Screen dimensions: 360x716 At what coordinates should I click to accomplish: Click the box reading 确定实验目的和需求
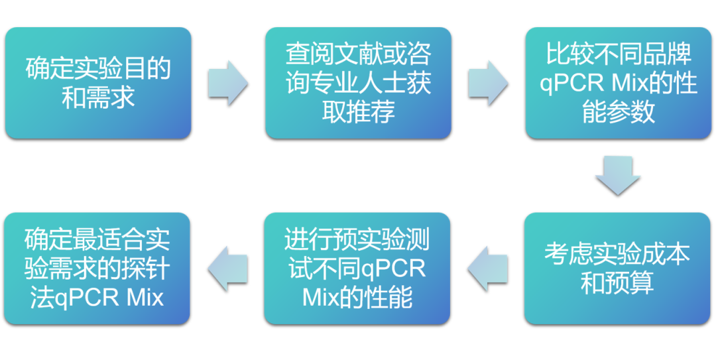point(98,83)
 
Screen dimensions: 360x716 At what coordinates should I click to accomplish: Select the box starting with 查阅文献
point(358,83)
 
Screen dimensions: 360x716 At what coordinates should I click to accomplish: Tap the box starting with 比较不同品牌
point(618,83)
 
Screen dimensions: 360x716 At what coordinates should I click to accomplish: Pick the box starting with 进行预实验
point(357,268)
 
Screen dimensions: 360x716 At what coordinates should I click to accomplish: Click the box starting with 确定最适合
point(97,268)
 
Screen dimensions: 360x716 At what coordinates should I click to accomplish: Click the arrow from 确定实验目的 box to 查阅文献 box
point(228,82)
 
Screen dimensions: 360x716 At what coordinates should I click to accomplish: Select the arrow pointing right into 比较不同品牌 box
point(488,82)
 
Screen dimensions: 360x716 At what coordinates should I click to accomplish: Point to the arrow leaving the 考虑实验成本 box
point(487,268)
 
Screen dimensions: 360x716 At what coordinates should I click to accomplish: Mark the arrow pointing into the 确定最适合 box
point(227,268)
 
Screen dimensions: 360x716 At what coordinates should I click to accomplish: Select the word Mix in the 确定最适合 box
point(144,298)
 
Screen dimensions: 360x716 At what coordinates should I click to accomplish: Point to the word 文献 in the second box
point(358,54)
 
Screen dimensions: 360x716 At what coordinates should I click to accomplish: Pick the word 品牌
point(666,54)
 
